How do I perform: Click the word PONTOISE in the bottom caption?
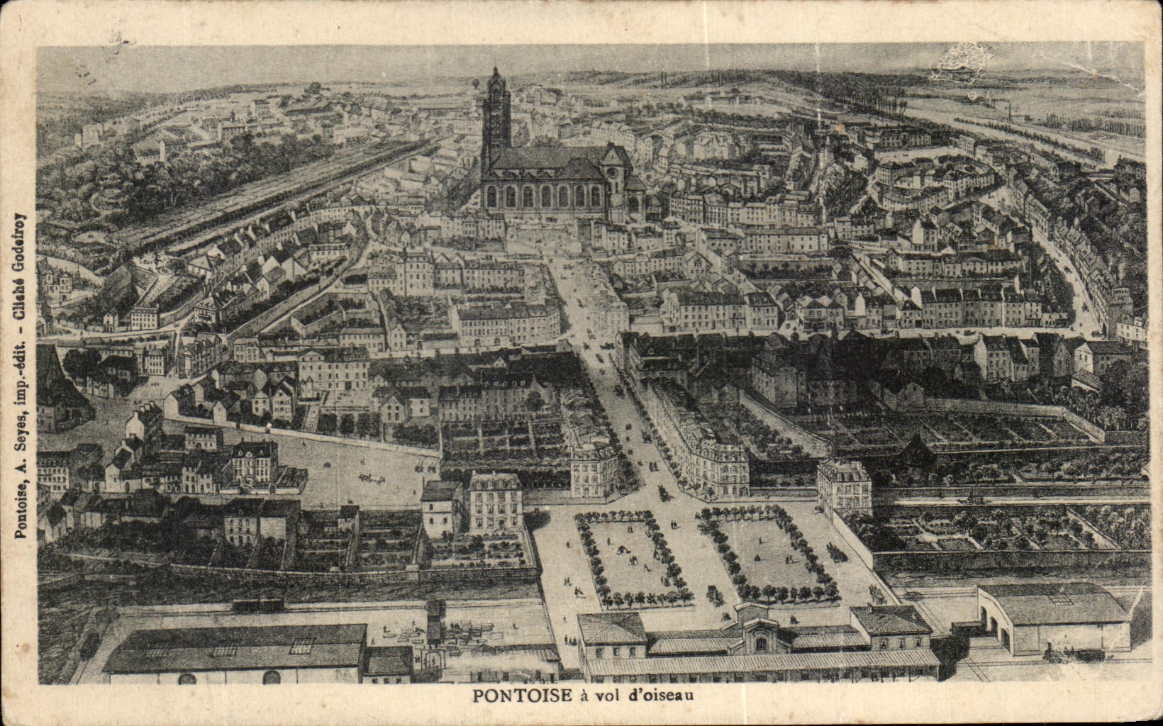pos(522,696)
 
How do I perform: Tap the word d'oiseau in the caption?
pos(664,696)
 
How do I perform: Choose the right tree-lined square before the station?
pos(769,554)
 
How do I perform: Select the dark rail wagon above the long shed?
pos(258,605)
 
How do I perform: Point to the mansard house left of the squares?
pos(496,501)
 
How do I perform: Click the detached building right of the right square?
pos(844,485)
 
